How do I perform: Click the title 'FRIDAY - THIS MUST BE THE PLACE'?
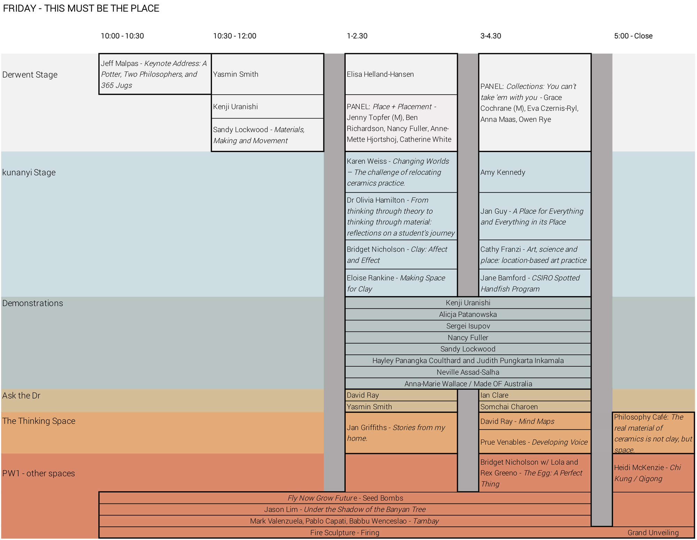click(81, 8)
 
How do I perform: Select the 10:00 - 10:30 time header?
click(122, 36)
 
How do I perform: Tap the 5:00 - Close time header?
click(633, 36)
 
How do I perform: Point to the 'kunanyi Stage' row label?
click(29, 173)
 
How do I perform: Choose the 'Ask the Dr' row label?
click(21, 396)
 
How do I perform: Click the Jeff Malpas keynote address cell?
click(155, 74)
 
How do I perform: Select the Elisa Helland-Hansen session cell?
click(401, 74)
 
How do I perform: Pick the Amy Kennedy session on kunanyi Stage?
click(535, 172)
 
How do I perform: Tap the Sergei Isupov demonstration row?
click(468, 326)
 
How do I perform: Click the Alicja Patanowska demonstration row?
click(468, 314)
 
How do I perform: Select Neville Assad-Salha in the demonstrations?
click(468, 372)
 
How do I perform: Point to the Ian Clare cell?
click(535, 395)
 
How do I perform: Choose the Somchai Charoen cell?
click(535, 406)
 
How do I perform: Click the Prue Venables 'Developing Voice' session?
click(535, 442)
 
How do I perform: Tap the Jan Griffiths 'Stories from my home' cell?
click(401, 433)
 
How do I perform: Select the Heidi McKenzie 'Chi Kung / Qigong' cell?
click(653, 473)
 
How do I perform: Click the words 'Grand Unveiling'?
click(653, 533)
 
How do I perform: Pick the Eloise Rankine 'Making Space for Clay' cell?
click(401, 283)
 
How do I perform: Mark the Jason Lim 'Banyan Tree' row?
click(345, 509)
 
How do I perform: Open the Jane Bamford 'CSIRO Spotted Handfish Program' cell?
click(535, 283)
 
